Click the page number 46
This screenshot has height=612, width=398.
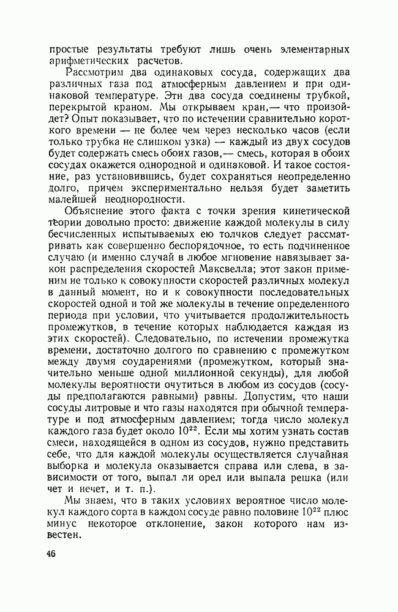pyautogui.click(x=50, y=554)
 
